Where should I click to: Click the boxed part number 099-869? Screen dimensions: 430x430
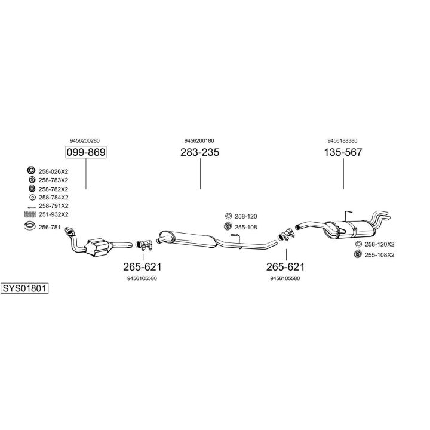click(85, 153)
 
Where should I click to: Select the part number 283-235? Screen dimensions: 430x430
click(199, 153)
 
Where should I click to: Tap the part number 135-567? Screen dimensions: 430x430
click(343, 153)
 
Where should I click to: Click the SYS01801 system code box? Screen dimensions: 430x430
click(24, 288)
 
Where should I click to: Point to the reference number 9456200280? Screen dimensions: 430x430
click(85, 140)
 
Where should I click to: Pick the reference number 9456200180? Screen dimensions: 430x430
click(199, 140)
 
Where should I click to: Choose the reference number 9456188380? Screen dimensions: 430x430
click(343, 140)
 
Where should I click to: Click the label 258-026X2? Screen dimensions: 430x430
click(54, 171)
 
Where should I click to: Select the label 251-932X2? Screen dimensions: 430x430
click(54, 214)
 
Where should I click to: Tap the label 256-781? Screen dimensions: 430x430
click(50, 226)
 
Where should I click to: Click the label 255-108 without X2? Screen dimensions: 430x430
click(245, 227)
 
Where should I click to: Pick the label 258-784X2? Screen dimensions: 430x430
click(54, 197)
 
